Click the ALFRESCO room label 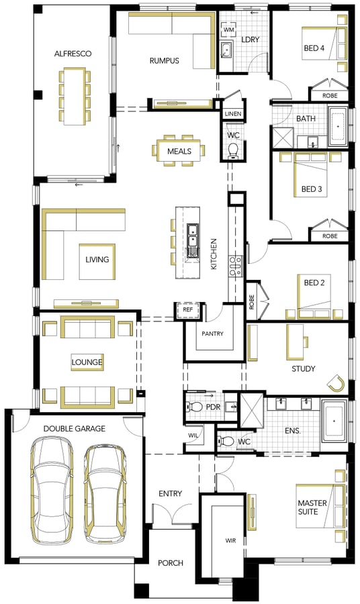click(x=73, y=54)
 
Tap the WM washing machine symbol click(x=228, y=30)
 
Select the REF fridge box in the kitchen click(x=187, y=309)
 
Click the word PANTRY click(x=212, y=334)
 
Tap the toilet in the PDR click(x=195, y=406)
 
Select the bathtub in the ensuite click(x=334, y=421)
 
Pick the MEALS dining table click(x=179, y=150)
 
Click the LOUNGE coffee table click(x=87, y=362)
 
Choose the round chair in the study click(x=336, y=384)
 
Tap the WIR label click(x=230, y=541)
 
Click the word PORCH click(x=171, y=563)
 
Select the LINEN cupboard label click(x=233, y=113)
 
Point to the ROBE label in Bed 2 click(x=252, y=302)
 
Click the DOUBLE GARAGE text click(x=75, y=428)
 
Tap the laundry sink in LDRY click(x=226, y=49)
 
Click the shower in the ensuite click(x=252, y=410)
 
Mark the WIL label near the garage click(x=193, y=436)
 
